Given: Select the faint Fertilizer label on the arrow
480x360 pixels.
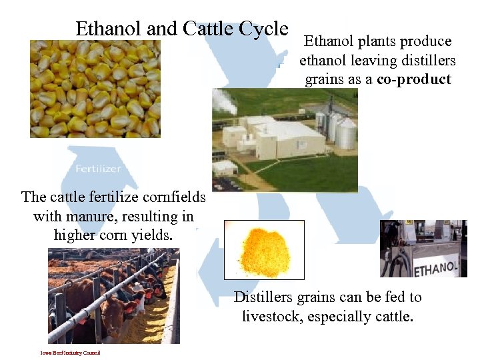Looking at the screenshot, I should [x=98, y=169].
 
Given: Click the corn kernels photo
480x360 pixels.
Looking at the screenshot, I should [x=95, y=88].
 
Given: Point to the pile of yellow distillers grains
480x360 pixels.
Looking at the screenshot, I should [x=264, y=251].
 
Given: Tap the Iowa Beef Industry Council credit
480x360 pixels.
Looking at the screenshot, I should [x=70, y=353].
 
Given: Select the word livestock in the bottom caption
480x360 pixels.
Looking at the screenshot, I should [x=271, y=316].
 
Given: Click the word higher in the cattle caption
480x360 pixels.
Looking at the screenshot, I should [x=77, y=235].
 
